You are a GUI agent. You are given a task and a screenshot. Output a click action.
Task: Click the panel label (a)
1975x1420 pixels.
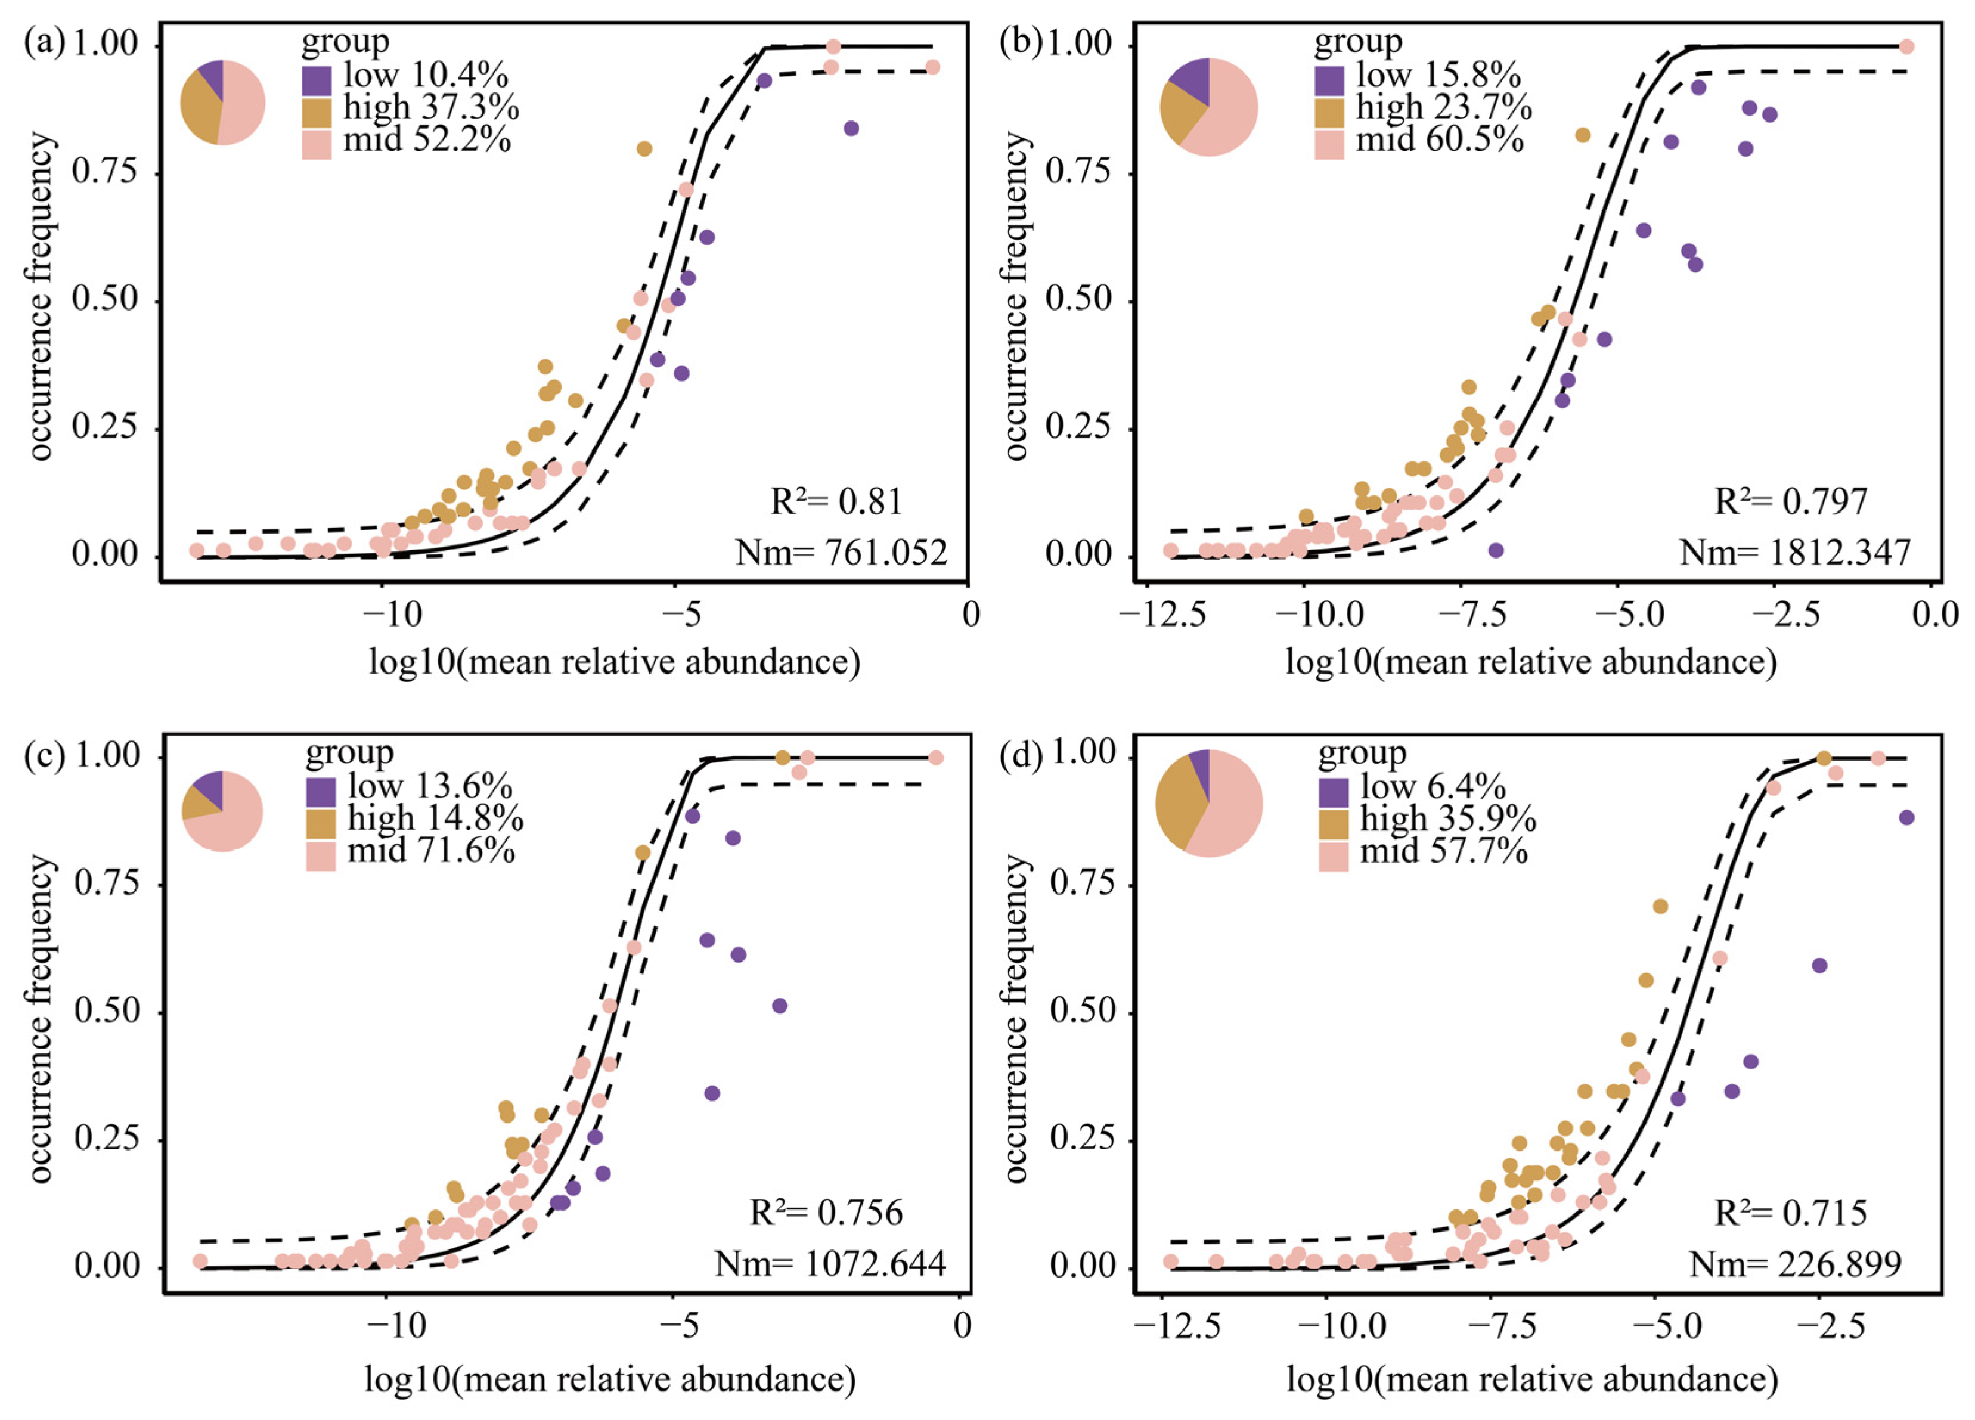[x=44, y=44]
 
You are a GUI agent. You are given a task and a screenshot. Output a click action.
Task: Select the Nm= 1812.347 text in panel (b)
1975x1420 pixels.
[x=1795, y=552]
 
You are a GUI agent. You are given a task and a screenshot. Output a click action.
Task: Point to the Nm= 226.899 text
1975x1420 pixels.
[x=1796, y=1263]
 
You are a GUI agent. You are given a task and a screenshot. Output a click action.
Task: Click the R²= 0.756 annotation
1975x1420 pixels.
[x=826, y=1212]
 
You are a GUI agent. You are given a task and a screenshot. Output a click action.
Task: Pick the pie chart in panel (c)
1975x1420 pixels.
[x=222, y=811]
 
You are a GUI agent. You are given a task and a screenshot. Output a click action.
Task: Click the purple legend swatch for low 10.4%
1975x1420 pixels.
[x=317, y=81]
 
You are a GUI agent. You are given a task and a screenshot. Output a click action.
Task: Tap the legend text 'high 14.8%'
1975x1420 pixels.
[x=435, y=818]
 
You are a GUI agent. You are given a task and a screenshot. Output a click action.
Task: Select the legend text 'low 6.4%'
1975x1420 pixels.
[x=1433, y=787]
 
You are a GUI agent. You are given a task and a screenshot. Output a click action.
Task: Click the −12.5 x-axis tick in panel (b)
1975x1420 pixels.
[x=1164, y=615]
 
